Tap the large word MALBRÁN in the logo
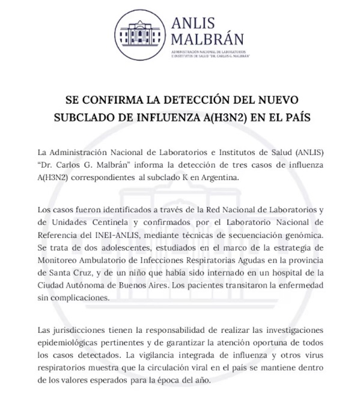[207, 39]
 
